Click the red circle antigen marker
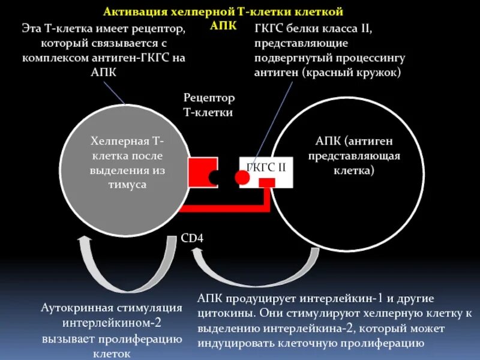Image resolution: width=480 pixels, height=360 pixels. pyautogui.click(x=242, y=177)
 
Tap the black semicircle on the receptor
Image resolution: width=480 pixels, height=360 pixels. pyautogui.click(x=214, y=177)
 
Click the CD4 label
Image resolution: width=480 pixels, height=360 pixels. pyautogui.click(x=192, y=238)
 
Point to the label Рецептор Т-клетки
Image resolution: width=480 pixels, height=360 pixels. pyautogui.click(x=208, y=104)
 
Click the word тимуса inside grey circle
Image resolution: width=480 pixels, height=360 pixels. pyautogui.click(x=127, y=185)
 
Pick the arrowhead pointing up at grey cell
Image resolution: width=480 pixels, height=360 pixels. pyautogui.click(x=84, y=241)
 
